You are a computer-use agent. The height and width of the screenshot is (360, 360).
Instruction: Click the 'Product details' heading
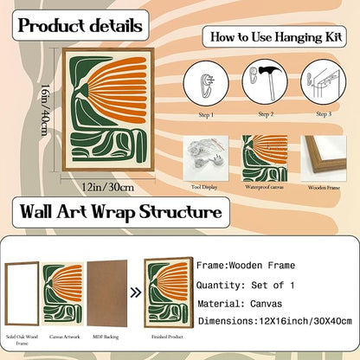[x=80, y=26]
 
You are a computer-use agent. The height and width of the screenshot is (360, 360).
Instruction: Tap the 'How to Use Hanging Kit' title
[x=276, y=37]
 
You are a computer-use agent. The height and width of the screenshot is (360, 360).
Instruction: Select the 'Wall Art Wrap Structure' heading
[x=121, y=212]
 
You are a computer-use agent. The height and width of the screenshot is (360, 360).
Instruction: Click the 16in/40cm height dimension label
[x=44, y=110]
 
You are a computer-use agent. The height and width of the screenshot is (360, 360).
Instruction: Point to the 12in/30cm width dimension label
[x=108, y=187]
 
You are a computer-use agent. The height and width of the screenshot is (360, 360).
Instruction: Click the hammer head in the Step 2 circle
[x=268, y=70]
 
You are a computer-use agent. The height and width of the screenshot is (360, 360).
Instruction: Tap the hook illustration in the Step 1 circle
[x=206, y=85]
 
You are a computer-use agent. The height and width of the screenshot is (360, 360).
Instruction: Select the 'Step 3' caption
[x=324, y=114]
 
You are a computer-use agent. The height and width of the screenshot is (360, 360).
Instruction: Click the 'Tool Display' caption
[x=204, y=187]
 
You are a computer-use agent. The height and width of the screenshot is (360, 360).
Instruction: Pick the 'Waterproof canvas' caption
[x=264, y=187]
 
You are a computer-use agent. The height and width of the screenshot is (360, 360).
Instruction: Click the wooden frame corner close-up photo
[x=324, y=158]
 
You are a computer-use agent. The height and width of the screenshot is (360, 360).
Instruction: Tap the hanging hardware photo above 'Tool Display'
[x=206, y=158]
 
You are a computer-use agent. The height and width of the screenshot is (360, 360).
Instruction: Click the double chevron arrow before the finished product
[x=136, y=292]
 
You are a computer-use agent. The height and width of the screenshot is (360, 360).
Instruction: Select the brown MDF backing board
[x=107, y=293]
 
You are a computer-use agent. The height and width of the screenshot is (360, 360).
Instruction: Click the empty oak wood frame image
[x=22, y=293]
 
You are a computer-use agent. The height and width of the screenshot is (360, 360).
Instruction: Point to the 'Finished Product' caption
[x=167, y=337]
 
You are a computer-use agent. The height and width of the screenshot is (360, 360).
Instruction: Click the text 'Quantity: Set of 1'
[x=246, y=286]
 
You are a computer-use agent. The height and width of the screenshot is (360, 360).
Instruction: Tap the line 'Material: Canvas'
[x=240, y=304]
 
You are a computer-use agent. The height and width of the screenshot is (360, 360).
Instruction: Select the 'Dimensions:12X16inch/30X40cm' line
[x=275, y=321]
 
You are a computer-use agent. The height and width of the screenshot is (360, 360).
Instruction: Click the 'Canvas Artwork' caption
[x=65, y=337]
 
